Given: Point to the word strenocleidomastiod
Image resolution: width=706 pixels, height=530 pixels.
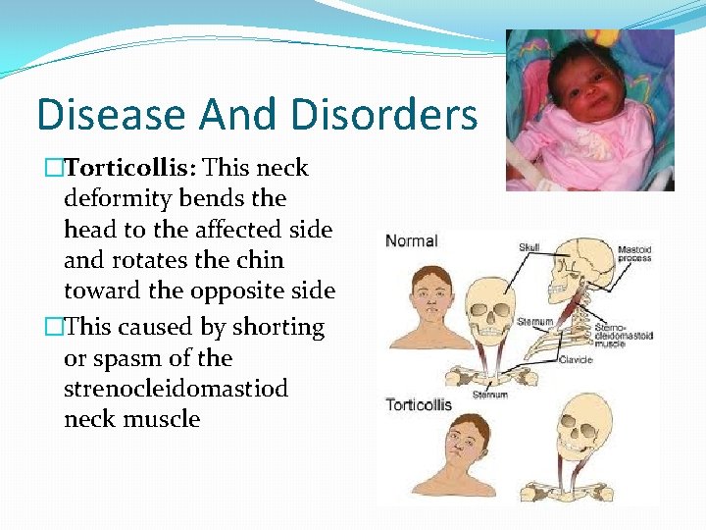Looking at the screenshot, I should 176,389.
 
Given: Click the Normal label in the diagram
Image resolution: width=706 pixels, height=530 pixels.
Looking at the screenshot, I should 412,240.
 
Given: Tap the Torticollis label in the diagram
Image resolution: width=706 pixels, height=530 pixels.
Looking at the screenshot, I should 419,403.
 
